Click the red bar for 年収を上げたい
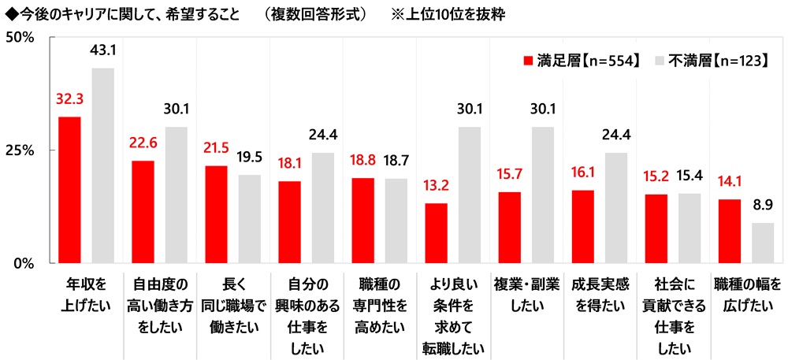(x=69, y=190)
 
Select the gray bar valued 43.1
(x=103, y=165)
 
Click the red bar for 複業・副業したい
(x=509, y=227)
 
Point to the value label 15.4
(x=689, y=174)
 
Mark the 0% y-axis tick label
(x=21, y=263)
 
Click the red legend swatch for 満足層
(x=528, y=60)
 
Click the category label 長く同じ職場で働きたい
(x=232, y=292)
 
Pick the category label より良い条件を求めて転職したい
(x=452, y=315)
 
